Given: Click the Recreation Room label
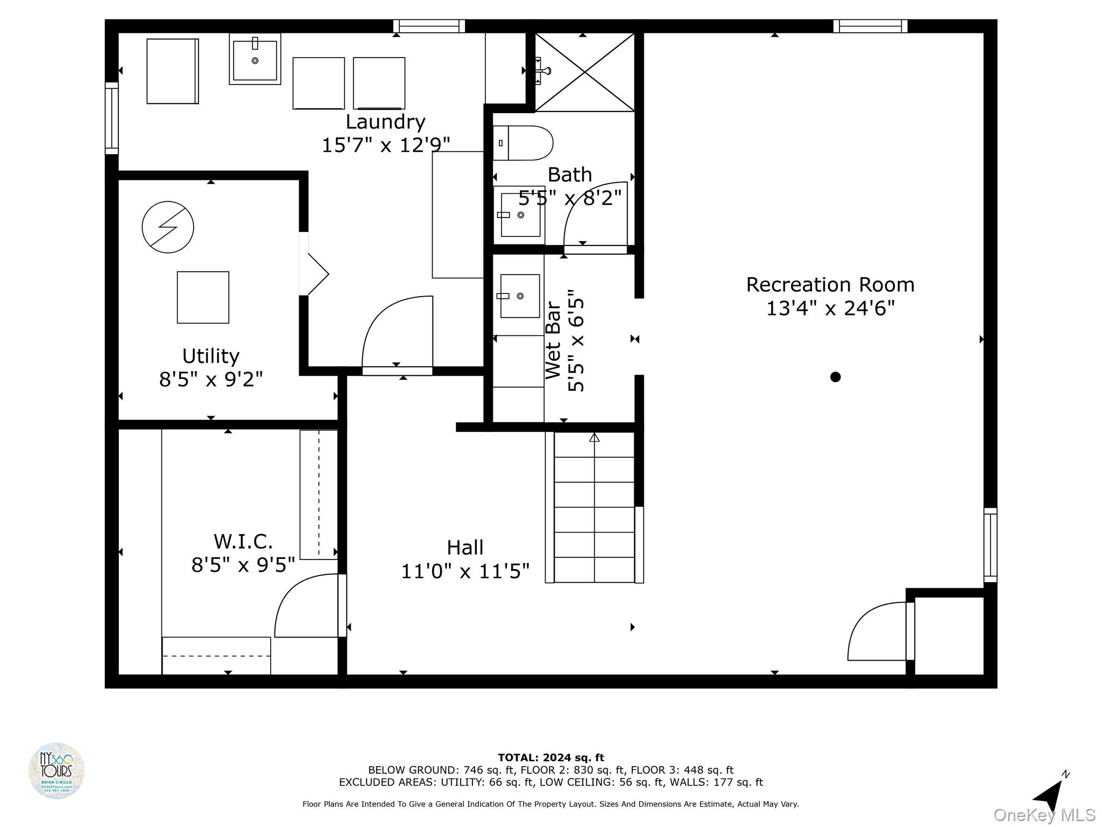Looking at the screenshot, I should [x=830, y=285].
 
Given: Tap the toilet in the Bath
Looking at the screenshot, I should [x=523, y=143].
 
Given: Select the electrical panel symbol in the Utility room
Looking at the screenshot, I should [x=168, y=227].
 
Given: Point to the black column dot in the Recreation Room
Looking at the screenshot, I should [x=835, y=377].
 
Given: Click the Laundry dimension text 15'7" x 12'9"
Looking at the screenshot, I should [x=385, y=145].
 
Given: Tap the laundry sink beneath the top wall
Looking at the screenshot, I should [x=255, y=59].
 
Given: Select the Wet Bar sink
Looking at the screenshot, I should [x=520, y=296].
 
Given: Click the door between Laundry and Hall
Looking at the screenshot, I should [x=397, y=334].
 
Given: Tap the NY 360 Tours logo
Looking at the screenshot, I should [x=56, y=770].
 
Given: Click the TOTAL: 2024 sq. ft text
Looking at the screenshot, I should [x=550, y=758].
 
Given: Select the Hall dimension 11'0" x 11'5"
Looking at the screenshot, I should [x=465, y=571].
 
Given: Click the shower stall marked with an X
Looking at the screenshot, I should [x=585, y=72].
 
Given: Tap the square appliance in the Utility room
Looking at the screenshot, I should [x=203, y=297].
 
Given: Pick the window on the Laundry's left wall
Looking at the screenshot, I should [x=111, y=118].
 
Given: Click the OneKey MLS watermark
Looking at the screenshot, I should [x=1044, y=815].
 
